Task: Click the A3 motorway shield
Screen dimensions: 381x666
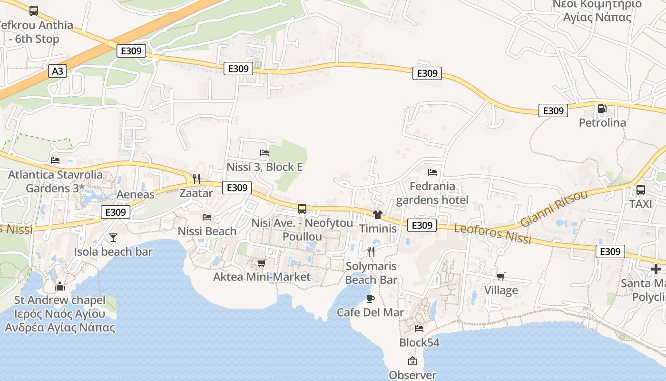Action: point(57,71)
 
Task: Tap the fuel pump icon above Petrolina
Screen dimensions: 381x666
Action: point(602,109)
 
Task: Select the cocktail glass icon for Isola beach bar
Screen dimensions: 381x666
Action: point(113,237)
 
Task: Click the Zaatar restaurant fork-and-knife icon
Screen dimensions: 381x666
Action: point(196,179)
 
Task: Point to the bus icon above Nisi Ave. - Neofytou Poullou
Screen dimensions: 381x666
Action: point(302,209)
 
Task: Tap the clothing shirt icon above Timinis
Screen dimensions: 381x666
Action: point(378,215)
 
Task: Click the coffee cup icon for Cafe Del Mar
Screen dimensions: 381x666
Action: point(370,299)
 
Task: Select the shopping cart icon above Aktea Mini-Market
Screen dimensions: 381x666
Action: point(261,263)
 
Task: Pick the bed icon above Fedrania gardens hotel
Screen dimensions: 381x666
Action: point(432,172)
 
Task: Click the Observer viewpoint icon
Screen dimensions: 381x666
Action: point(412,361)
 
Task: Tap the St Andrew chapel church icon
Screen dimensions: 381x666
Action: point(60,286)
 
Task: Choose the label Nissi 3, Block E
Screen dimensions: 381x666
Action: point(264,167)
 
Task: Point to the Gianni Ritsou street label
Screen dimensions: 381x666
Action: point(554,208)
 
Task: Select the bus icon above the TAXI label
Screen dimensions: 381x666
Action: point(641,190)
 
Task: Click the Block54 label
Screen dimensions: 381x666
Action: point(419,342)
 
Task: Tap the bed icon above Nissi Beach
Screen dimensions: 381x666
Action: point(207,217)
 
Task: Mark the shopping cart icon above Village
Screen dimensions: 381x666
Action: point(500,276)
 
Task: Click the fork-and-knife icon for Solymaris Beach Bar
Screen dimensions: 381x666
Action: point(371,252)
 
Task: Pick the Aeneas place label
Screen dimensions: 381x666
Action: point(136,194)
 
